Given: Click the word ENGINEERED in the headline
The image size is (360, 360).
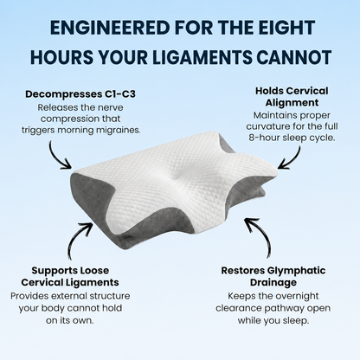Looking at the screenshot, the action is (110, 28).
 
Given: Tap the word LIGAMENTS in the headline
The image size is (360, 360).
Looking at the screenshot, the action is (202, 57).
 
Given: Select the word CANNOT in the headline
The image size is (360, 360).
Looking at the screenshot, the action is (293, 57).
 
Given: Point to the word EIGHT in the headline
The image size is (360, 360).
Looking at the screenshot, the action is (285, 28).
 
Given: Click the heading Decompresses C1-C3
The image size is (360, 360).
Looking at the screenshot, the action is (80, 94).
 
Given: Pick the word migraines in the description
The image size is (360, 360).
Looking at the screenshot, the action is (119, 130).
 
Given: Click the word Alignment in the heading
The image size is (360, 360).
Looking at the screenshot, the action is (292, 103).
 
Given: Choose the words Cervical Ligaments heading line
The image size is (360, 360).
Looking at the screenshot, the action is (70, 282).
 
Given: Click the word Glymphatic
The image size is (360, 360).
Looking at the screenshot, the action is (296, 271).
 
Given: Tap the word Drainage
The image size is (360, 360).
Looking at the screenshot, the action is (273, 282).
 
